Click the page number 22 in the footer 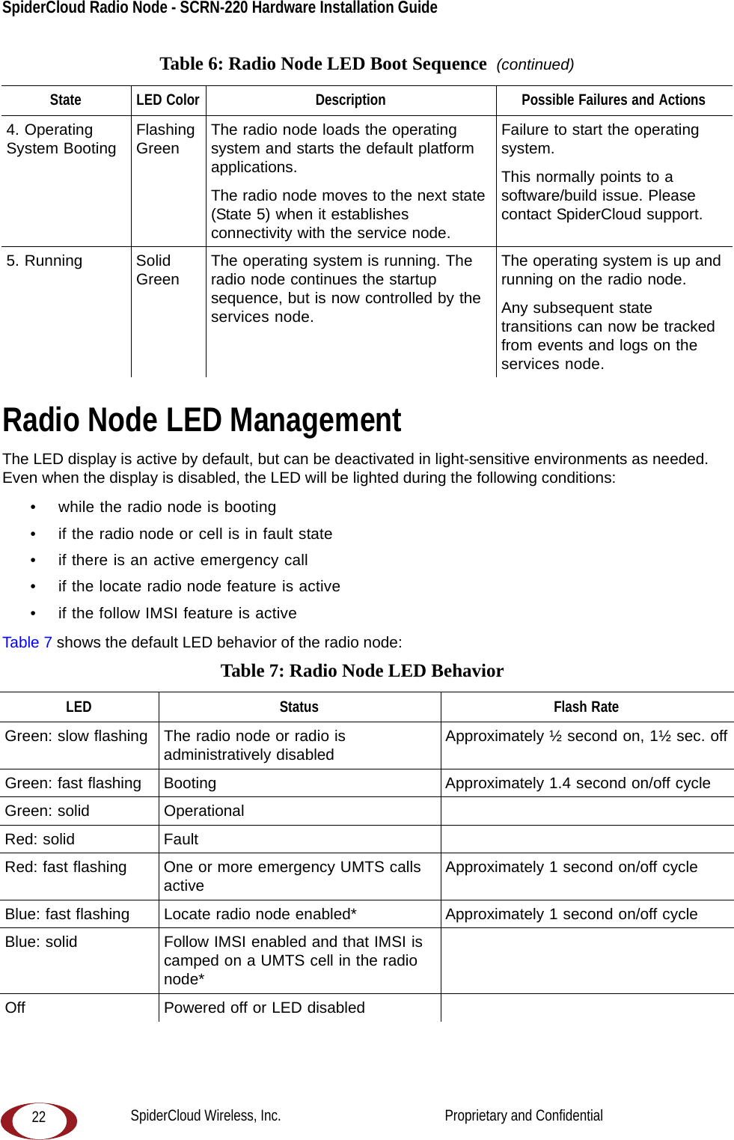point(39,1117)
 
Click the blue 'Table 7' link point(27,642)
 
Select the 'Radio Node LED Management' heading point(202,421)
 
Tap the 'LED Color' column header point(168,100)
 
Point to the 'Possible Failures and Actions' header point(613,100)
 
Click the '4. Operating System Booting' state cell point(61,139)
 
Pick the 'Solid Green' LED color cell point(157,270)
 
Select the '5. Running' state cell point(44,260)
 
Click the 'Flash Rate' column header point(586,707)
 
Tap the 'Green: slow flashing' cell point(76,736)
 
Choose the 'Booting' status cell point(190,783)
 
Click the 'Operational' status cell point(204,811)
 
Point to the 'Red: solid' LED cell point(40,839)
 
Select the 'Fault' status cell point(181,839)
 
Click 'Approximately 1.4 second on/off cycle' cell point(578,783)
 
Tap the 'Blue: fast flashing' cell point(67,914)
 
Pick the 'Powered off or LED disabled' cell point(264,1008)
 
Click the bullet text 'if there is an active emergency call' point(183,560)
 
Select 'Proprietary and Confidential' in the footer point(524,1115)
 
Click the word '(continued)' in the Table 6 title point(535,64)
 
